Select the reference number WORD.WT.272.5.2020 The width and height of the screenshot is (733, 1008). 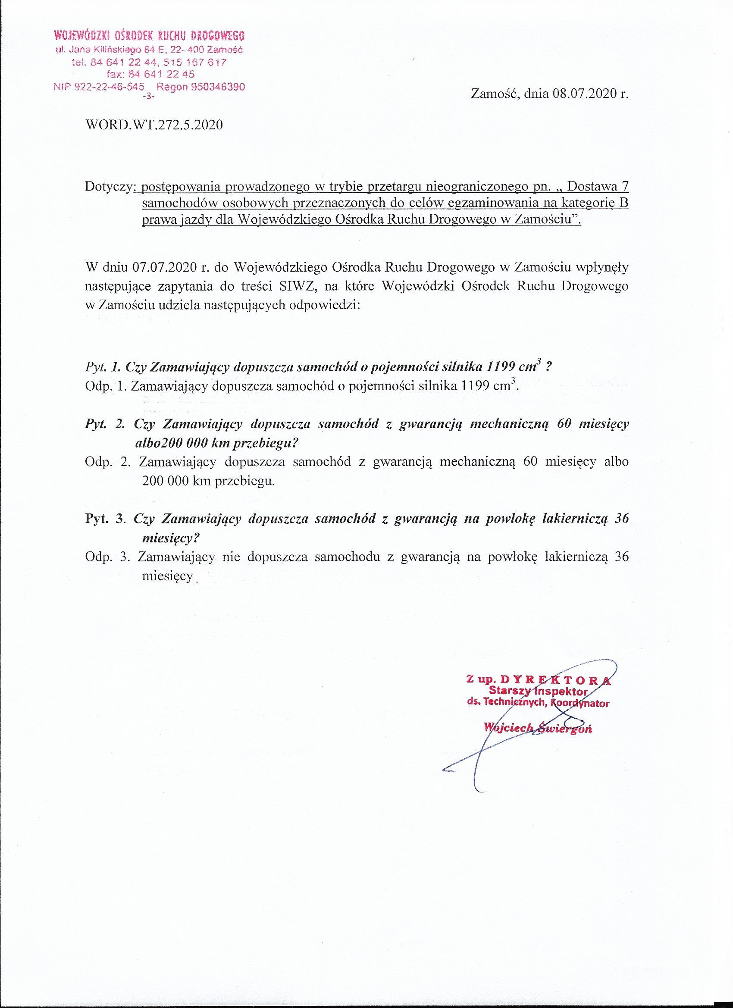click(154, 125)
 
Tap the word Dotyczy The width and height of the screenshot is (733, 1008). click(109, 187)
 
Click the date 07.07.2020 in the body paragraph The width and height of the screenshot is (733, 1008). click(164, 268)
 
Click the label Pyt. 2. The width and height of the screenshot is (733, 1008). click(105, 424)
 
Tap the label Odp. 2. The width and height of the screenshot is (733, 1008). click(107, 462)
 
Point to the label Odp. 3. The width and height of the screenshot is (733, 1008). click(107, 557)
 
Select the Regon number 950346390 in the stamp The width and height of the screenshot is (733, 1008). click(218, 87)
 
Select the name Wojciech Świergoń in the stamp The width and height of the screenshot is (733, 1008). click(538, 728)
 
